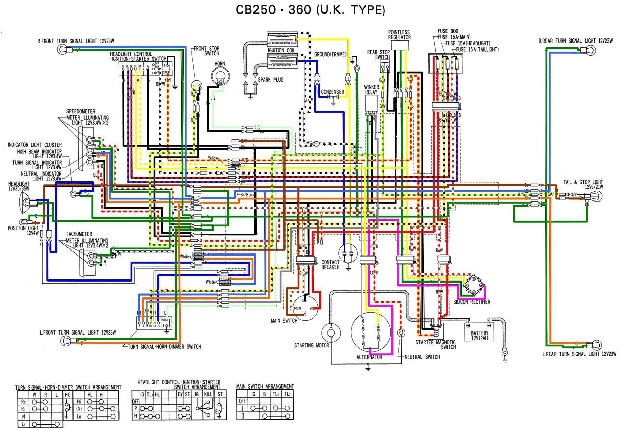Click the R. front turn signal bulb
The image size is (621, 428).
click(63, 49)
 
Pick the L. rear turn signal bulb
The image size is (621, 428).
click(596, 345)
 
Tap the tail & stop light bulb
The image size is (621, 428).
click(595, 196)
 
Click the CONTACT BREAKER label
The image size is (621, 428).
click(330, 264)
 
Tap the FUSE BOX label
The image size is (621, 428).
click(448, 31)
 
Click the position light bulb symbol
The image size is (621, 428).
click(23, 222)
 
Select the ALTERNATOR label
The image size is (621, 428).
click(369, 357)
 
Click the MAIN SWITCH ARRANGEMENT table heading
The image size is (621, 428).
click(265, 386)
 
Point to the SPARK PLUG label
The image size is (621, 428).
click(270, 80)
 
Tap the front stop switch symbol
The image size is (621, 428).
click(196, 85)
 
